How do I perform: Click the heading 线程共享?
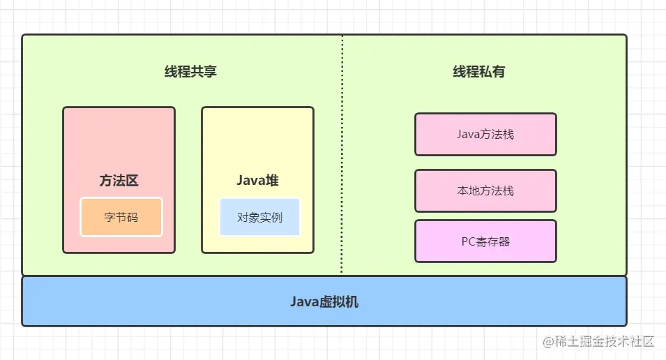[190, 72]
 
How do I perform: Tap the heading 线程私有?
[479, 72]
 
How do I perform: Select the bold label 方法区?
[119, 181]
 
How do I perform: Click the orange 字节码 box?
[121, 217]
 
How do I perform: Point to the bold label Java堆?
[257, 181]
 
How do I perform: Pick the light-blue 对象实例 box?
[259, 217]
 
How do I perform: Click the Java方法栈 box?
[485, 134]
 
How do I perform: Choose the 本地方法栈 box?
[485, 190]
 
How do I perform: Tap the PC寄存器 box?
[485, 241]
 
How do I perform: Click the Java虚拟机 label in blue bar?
[324, 302]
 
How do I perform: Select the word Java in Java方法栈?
[469, 134]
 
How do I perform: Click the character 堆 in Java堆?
[272, 181]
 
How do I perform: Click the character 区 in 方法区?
[132, 181]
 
